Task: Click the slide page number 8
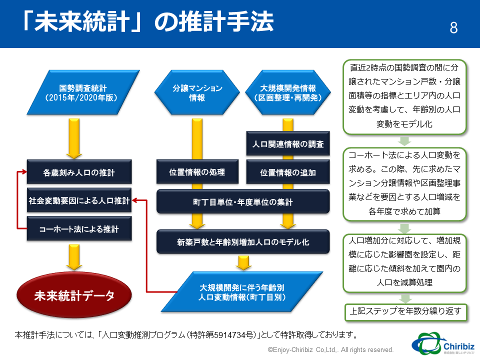(453, 28)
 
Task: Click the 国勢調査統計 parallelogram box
(83, 92)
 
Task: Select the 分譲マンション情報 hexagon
(197, 92)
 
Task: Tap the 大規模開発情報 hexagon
(288, 92)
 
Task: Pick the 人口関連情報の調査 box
(288, 143)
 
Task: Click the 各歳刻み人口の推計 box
(79, 172)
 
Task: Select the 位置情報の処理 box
(197, 171)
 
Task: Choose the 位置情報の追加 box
(288, 172)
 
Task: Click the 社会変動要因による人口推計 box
(79, 200)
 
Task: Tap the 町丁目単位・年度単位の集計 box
(243, 201)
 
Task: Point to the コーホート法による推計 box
(79, 228)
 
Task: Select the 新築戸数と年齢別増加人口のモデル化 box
(243, 242)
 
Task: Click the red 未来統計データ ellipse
(74, 295)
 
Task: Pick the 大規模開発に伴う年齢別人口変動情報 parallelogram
(242, 291)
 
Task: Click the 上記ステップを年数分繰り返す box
(405, 311)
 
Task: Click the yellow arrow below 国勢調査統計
(74, 138)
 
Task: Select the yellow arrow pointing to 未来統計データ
(74, 257)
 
